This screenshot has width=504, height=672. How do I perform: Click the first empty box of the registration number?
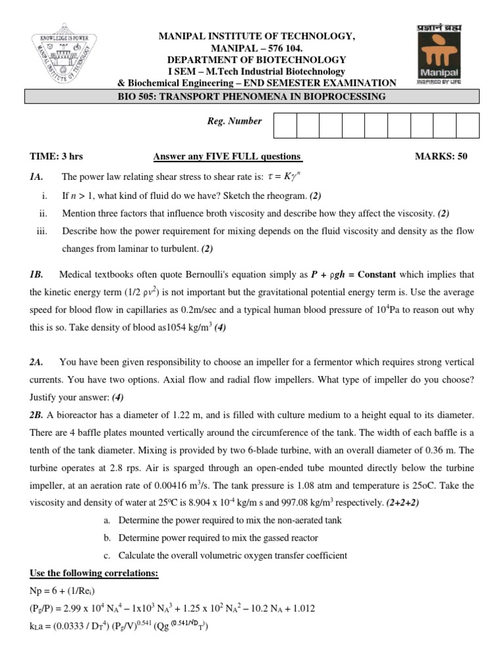[x=285, y=125]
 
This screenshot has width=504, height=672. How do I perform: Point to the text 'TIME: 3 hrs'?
[x=56, y=157]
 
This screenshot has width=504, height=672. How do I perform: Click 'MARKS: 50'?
[x=441, y=157]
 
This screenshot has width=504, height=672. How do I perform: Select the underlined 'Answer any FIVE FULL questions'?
[x=227, y=157]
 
